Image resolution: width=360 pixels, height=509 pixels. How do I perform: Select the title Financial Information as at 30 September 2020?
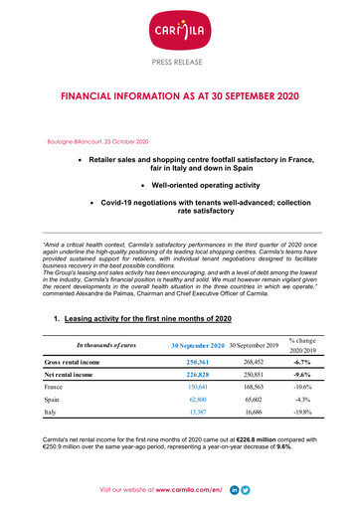point(180,100)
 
